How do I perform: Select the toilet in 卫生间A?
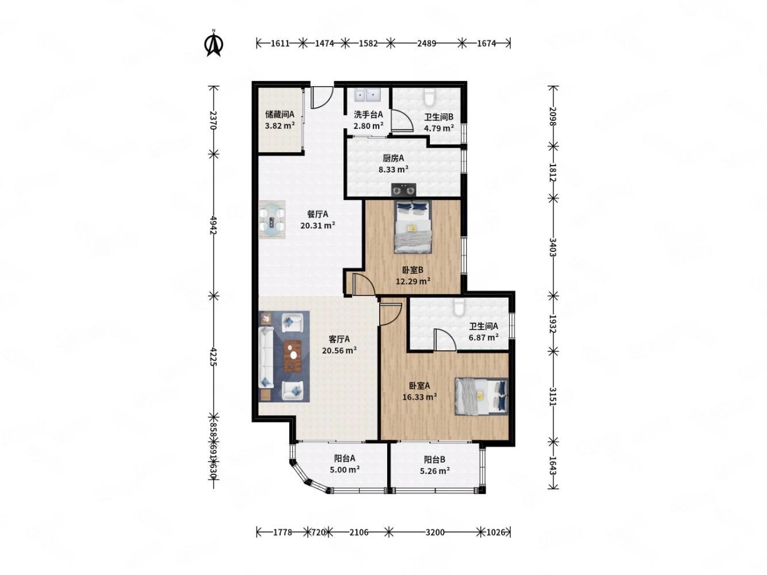pyautogui.click(x=459, y=306)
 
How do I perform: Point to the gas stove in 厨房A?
pyautogui.click(x=403, y=190)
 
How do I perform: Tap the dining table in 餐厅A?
pyautogui.click(x=272, y=219)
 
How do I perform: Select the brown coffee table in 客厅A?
pyautogui.click(x=292, y=356)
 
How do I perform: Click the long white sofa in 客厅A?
pyautogui.click(x=266, y=357)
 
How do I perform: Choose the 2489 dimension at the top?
pyautogui.click(x=426, y=43)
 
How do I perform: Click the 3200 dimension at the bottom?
pyautogui.click(x=435, y=532)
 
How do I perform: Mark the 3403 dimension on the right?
pyautogui.click(x=552, y=247)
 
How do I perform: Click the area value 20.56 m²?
pyautogui.click(x=339, y=350)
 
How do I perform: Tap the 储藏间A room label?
pyautogui.click(x=280, y=114)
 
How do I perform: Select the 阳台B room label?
pyautogui.click(x=434, y=459)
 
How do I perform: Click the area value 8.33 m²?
pyautogui.click(x=394, y=169)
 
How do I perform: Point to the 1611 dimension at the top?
pyautogui.click(x=280, y=43)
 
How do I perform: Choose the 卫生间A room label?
pyautogui.click(x=483, y=326)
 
